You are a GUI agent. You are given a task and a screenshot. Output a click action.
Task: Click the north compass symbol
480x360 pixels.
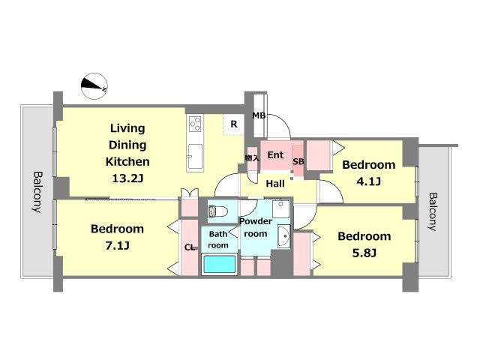pyautogui.click(x=94, y=86)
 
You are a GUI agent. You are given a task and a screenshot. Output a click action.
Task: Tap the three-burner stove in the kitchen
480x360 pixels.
pyautogui.click(x=195, y=124)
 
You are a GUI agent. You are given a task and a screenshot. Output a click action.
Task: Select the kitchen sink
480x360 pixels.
pyautogui.click(x=195, y=157)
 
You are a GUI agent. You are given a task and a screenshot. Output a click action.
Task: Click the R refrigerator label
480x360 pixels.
pyautogui.click(x=234, y=124)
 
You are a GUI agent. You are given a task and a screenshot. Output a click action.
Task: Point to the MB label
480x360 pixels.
pyautogui.click(x=259, y=115)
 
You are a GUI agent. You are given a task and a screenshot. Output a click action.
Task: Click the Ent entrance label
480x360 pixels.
pyautogui.click(x=275, y=155)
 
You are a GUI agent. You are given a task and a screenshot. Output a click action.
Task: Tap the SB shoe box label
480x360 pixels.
pyautogui.click(x=298, y=161)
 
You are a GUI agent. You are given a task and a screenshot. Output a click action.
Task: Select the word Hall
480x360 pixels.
pyautogui.click(x=275, y=184)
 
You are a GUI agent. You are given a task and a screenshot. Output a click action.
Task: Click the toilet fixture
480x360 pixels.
pyautogui.click(x=218, y=211)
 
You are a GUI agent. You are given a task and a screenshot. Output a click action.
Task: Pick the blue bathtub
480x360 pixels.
pyautogui.click(x=220, y=265)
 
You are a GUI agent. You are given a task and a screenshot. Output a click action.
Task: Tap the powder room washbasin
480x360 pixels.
pyautogui.click(x=284, y=236)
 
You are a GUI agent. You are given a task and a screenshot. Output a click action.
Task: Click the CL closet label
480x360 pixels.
pyautogui.click(x=190, y=247)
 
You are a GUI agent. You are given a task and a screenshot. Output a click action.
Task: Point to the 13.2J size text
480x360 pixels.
pyautogui.click(x=127, y=178)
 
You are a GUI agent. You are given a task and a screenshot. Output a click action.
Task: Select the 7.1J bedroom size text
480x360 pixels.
pyautogui.click(x=117, y=245)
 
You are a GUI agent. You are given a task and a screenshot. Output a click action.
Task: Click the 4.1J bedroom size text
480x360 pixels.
pyautogui.click(x=368, y=181)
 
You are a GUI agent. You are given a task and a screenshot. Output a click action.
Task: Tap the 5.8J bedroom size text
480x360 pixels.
pyautogui.click(x=364, y=253)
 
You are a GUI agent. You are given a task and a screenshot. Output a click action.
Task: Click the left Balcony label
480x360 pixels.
pyautogui.click(x=37, y=192)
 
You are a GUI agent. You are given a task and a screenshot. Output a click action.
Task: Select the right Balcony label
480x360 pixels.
pyautogui.click(x=432, y=211)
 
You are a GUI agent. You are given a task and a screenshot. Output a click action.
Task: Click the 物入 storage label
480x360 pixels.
pyautogui.click(x=252, y=158)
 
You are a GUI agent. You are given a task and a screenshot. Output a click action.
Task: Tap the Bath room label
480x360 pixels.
pyautogui.click(x=218, y=240)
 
